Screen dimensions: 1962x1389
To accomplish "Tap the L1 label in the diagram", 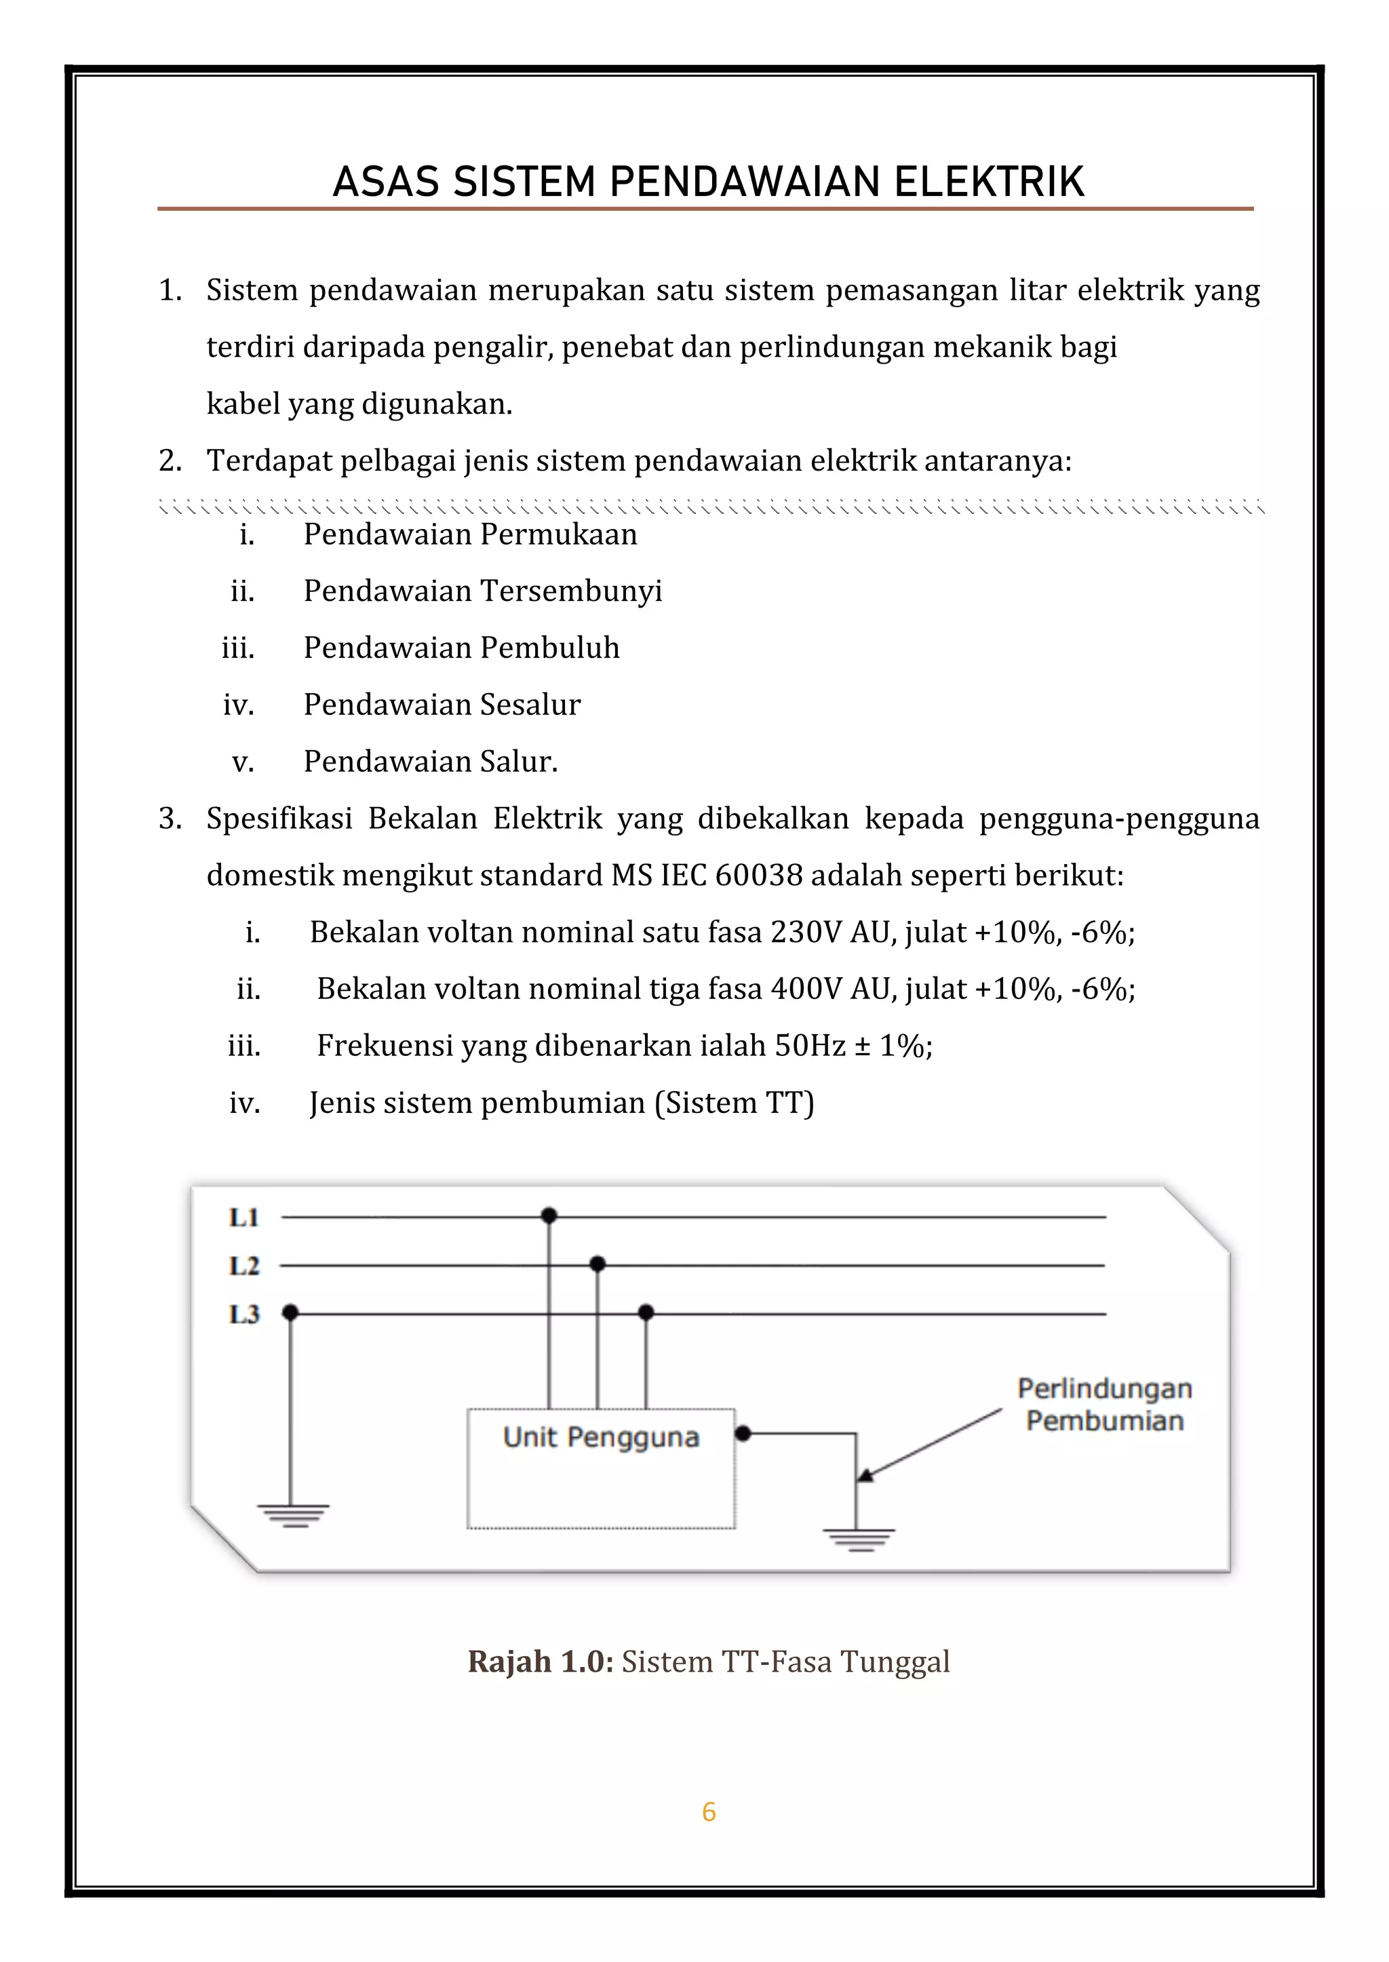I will (x=243, y=1217).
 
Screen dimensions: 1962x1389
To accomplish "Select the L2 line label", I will (x=243, y=1266).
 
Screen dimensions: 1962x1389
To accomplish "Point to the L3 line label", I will (x=243, y=1314).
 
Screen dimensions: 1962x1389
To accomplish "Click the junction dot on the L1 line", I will (x=549, y=1215).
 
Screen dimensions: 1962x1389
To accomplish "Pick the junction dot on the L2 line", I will (x=598, y=1264).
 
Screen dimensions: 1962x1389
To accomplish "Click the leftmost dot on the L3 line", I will (x=291, y=1312).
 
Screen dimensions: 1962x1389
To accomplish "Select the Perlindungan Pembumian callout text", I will (x=1104, y=1405).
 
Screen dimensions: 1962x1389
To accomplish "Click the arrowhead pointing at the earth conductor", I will (x=865, y=1474).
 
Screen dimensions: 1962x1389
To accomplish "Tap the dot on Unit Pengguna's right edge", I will (x=743, y=1434).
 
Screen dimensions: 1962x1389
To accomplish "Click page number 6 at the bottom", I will (x=708, y=1811).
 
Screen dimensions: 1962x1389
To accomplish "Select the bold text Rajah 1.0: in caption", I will (x=541, y=1662).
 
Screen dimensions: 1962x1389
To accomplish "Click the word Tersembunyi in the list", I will (x=571, y=591).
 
